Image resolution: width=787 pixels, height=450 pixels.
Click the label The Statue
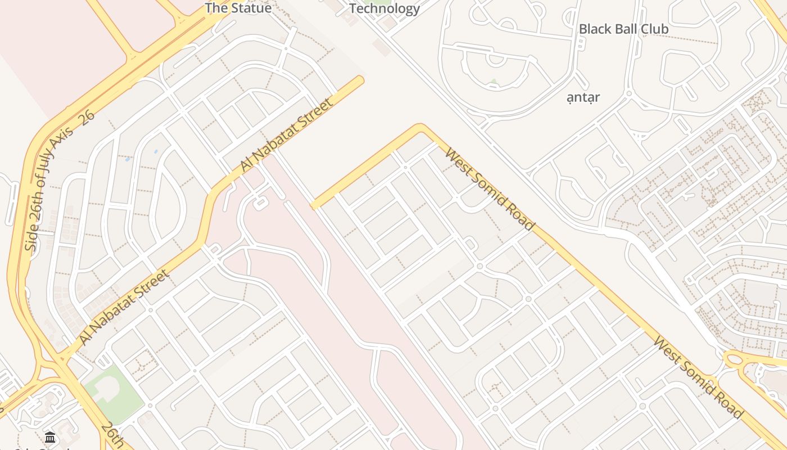238,8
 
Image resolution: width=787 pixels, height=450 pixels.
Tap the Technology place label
385,8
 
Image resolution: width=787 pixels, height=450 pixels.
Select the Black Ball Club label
623,29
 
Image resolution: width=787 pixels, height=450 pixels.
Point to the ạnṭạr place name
583,97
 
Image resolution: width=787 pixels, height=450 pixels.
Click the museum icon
50,437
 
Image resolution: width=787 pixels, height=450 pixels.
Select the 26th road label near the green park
113,434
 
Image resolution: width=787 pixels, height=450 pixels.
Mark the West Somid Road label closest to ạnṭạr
489,189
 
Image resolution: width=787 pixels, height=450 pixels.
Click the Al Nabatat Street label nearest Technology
287,135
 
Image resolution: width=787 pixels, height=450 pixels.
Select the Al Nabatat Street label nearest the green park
124,307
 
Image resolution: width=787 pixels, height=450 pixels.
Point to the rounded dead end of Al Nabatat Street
359,81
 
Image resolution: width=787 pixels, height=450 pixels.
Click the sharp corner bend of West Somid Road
419,128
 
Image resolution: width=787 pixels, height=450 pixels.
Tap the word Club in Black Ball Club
654,29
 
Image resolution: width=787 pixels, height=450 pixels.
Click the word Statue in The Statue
250,8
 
